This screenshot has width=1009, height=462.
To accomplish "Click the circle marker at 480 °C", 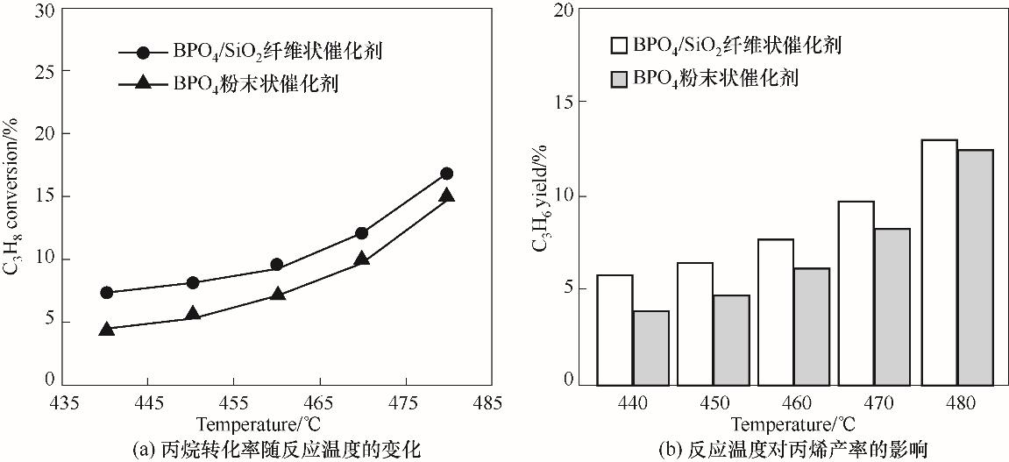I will click(x=446, y=174).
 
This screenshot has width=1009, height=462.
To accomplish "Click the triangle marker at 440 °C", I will click(x=107, y=330).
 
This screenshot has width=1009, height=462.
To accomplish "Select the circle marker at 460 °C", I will click(x=276, y=265).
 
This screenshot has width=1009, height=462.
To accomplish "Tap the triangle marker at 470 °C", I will click(x=361, y=259).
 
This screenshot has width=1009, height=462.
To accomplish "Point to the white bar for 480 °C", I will click(x=939, y=262).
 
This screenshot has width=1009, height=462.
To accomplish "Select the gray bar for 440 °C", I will click(x=650, y=347).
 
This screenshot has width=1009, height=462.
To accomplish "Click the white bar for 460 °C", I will click(x=776, y=311).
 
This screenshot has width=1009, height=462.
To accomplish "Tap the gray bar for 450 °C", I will click(x=731, y=339).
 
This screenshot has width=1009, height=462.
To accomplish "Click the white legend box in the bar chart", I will click(x=619, y=46).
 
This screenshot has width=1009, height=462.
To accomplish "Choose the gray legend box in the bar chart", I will click(x=619, y=78).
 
